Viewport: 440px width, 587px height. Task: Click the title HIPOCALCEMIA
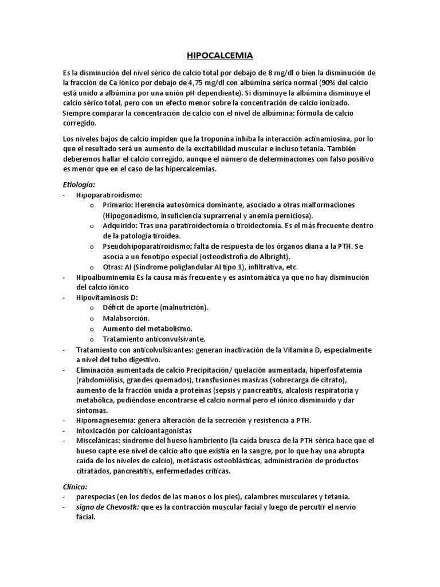pyautogui.click(x=220, y=56)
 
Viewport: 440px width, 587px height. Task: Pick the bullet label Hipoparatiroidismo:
pyautogui.click(x=109, y=195)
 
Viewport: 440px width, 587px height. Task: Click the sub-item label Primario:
pyautogui.click(x=117, y=205)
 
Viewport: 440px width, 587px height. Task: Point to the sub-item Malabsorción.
pyautogui.click(x=126, y=318)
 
